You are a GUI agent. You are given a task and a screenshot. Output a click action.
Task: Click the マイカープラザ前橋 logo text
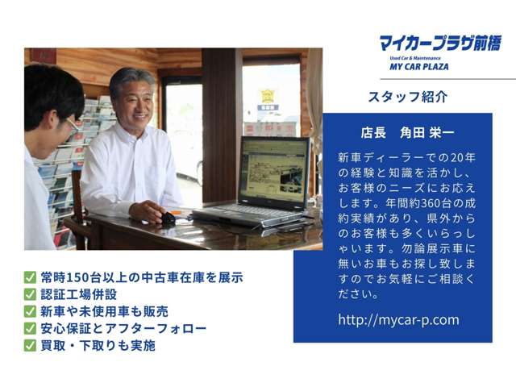point(440,43)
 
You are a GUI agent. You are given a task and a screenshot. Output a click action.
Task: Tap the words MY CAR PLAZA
point(419,66)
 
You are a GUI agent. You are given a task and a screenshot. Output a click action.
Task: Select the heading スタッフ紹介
point(408,97)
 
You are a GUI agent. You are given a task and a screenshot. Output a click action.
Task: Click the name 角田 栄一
point(427,132)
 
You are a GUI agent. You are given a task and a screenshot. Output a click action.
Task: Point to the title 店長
point(373,132)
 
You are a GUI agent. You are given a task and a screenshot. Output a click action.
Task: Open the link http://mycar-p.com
point(398,320)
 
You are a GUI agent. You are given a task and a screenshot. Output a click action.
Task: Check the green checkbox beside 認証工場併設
point(30,294)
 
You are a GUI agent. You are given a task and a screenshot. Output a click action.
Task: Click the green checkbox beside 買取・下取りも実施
point(30,346)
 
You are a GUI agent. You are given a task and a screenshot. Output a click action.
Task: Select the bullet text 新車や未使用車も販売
point(104,311)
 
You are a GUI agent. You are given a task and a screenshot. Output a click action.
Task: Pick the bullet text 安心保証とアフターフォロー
point(123,328)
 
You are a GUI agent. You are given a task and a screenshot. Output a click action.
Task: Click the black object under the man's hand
point(168,218)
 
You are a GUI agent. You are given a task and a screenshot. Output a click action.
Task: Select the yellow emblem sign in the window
point(267,96)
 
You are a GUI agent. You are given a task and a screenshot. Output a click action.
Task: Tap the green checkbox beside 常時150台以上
point(30,277)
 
